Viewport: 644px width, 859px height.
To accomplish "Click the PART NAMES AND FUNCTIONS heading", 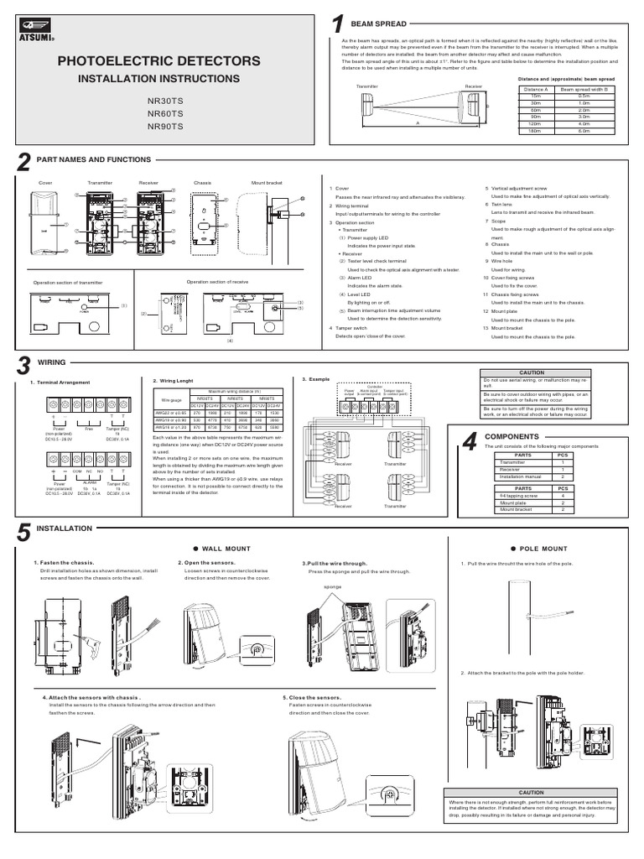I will pos(93,159).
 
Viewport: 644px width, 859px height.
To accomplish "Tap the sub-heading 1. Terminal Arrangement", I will pos(60,383).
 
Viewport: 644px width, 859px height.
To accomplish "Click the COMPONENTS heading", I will pos(511,437).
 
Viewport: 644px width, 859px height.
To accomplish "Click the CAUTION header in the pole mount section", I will pos(531,792).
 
